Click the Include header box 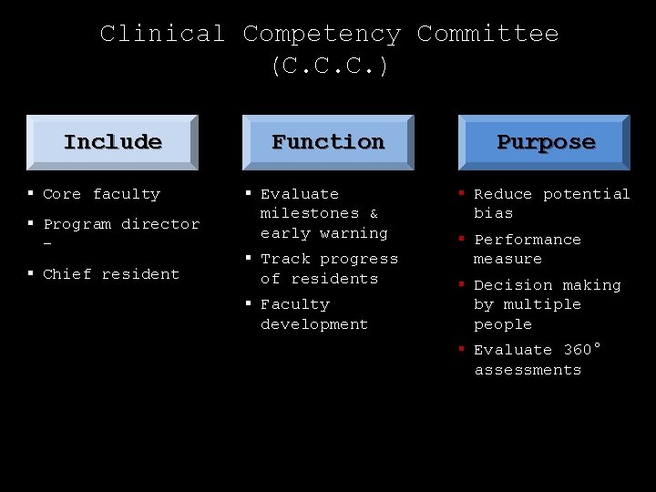(x=112, y=142)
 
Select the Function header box (x=328, y=142)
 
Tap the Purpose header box (x=544, y=142)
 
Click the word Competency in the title (x=322, y=35)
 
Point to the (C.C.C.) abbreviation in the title (x=329, y=67)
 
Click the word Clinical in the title (x=162, y=35)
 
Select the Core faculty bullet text (x=101, y=194)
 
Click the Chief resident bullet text (x=111, y=274)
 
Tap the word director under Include (x=160, y=224)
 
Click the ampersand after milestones (x=374, y=213)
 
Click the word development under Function (x=314, y=324)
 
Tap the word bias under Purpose (x=493, y=213)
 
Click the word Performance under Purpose (x=528, y=240)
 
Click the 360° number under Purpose (x=582, y=350)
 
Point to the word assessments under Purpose (x=528, y=370)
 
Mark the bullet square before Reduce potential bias (x=462, y=192)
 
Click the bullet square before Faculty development (x=248, y=302)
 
